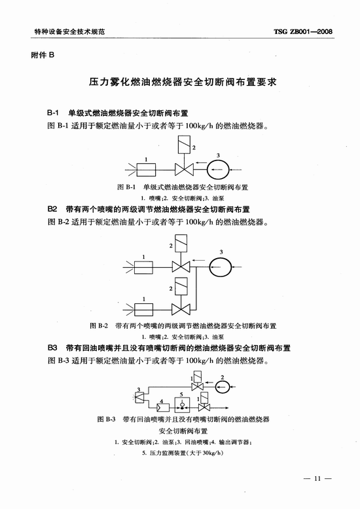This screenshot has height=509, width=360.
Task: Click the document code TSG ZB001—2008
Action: pyautogui.click(x=303, y=31)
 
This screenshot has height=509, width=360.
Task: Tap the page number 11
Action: pyautogui.click(x=317, y=478)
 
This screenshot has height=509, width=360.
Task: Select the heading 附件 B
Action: pyautogui.click(x=43, y=55)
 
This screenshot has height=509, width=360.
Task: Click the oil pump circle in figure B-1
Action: pyautogui.click(x=218, y=170)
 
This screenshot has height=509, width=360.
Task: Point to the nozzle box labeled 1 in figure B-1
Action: pyautogui.click(x=146, y=170)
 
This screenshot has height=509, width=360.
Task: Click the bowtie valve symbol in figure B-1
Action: pyautogui.click(x=184, y=170)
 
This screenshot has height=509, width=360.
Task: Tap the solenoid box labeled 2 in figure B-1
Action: pyautogui.click(x=184, y=145)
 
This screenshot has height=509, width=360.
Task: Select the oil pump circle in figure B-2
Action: pyautogui.click(x=220, y=267)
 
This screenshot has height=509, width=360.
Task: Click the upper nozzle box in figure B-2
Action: pyautogui.click(x=143, y=267)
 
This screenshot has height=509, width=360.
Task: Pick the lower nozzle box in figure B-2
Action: pyautogui.click(x=143, y=310)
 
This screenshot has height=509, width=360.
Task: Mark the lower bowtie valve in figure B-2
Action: pyautogui.click(x=181, y=309)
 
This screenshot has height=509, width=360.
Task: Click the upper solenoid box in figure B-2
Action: pyautogui.click(x=181, y=244)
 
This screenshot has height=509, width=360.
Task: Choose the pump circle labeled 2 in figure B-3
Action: pyautogui.click(x=223, y=386)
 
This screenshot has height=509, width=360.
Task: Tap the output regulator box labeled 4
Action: pyautogui.click(x=163, y=407)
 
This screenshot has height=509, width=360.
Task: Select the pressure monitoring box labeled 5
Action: pyautogui.click(x=182, y=405)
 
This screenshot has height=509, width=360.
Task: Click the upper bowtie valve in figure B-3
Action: pyautogui.click(x=197, y=386)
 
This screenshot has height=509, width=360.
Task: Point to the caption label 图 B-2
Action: pyautogui.click(x=99, y=326)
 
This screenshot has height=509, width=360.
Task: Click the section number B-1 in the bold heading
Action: pyautogui.click(x=53, y=113)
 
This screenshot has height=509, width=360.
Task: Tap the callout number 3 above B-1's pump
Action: pyautogui.click(x=218, y=155)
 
